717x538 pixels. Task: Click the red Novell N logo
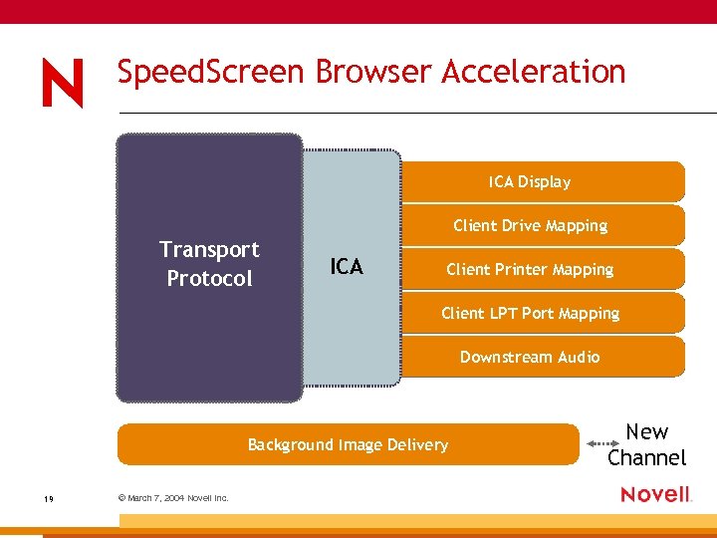[62, 84]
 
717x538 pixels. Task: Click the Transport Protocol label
[209, 264]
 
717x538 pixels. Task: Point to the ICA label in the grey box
[347, 267]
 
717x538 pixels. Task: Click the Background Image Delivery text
[348, 444]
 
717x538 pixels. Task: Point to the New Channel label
[647, 444]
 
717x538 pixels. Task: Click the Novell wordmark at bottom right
[655, 494]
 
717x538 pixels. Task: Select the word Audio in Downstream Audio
[579, 357]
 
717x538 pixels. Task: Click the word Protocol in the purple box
[209, 279]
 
